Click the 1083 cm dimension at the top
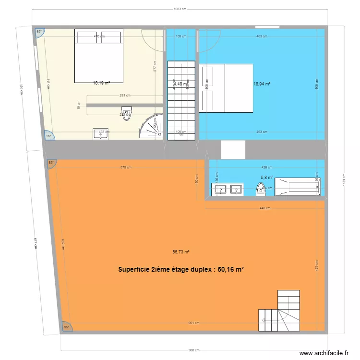(x=180, y=9)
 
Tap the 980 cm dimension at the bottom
(x=193, y=350)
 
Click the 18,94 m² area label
(x=262, y=83)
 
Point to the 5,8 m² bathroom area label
(x=267, y=177)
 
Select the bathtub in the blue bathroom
(x=297, y=187)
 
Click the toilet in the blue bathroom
(x=261, y=191)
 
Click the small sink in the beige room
(x=101, y=134)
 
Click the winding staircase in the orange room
(x=280, y=312)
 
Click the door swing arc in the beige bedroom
(x=153, y=41)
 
